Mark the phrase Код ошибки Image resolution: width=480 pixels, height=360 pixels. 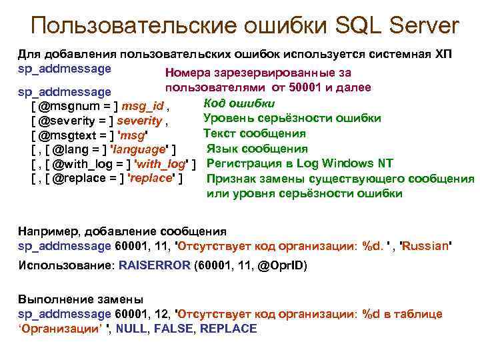pos(239,103)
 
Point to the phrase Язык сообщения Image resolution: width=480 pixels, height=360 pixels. pos(257,148)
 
